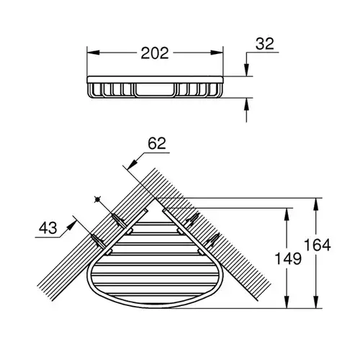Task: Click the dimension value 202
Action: pos(155,53)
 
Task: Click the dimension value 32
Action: pos(264,44)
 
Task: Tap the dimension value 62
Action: pos(157,143)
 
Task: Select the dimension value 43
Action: pos(48,228)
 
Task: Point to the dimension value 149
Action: pos(288,258)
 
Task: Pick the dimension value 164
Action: pos(318,245)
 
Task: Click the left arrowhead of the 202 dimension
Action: pos(93,53)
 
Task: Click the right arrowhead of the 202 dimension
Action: pos(217,53)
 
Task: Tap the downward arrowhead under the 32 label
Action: pos(246,70)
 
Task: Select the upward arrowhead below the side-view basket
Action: pos(246,104)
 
